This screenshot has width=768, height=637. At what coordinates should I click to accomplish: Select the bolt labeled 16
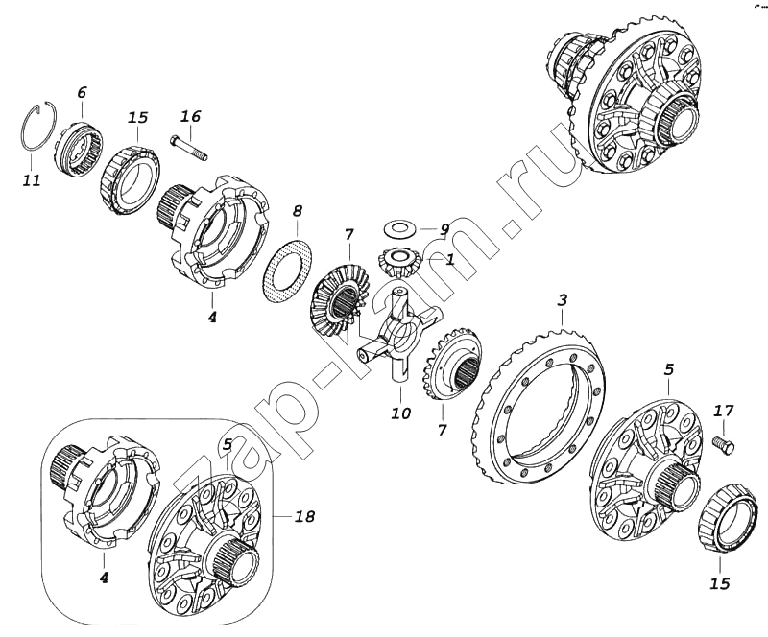click(x=189, y=148)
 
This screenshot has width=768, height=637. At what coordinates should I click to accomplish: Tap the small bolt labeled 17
click(x=726, y=445)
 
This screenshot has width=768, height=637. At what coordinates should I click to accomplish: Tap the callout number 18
click(x=304, y=516)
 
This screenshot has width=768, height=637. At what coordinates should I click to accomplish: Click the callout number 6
click(x=82, y=92)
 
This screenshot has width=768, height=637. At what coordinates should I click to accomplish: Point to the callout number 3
click(x=563, y=299)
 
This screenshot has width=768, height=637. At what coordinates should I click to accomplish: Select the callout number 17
click(x=723, y=411)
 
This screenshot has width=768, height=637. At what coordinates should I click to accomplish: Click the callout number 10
click(x=400, y=413)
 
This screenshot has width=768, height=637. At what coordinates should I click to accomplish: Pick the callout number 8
click(x=298, y=211)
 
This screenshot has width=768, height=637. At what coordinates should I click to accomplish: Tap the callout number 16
click(x=190, y=116)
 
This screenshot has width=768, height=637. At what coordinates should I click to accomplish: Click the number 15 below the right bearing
click(x=719, y=583)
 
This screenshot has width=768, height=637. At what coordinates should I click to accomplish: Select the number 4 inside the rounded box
click(x=104, y=578)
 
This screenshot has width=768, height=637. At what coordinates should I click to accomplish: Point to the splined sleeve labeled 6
click(x=79, y=146)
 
